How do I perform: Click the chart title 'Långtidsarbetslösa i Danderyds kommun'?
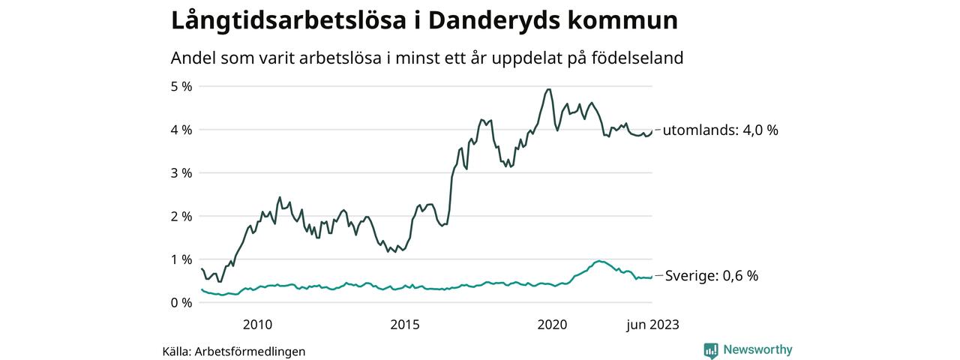tap(424, 21)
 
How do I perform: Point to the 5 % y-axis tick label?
tap(181, 86)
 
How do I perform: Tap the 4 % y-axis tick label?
tap(181, 130)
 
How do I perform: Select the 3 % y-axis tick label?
tap(181, 172)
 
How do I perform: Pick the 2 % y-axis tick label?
tap(181, 216)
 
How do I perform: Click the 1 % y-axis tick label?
tap(181, 259)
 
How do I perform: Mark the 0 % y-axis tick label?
tap(181, 302)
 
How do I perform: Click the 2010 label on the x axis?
tap(257, 324)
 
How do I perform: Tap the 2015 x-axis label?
tap(405, 324)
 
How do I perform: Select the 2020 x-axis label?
tap(553, 324)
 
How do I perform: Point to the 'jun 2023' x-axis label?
tap(652, 324)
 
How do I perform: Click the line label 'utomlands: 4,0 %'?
tap(721, 130)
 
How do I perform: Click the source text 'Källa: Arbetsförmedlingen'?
tap(234, 351)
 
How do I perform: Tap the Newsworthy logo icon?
tap(711, 350)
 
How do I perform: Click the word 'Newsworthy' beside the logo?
tap(757, 349)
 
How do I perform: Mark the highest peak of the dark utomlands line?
tap(548, 89)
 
